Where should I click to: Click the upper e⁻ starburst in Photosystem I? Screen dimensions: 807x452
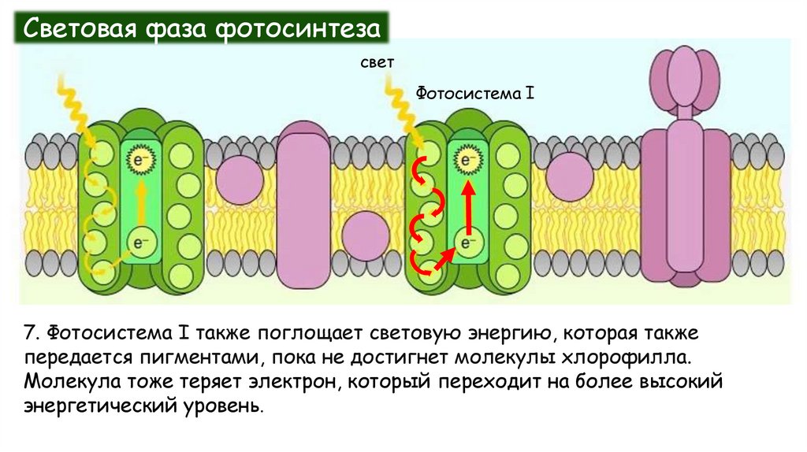(x=467, y=161)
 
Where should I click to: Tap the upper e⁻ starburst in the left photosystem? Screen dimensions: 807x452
(x=141, y=161)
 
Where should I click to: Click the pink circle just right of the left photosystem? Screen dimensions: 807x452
(x=239, y=180)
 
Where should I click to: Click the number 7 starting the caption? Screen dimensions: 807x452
(x=29, y=332)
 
